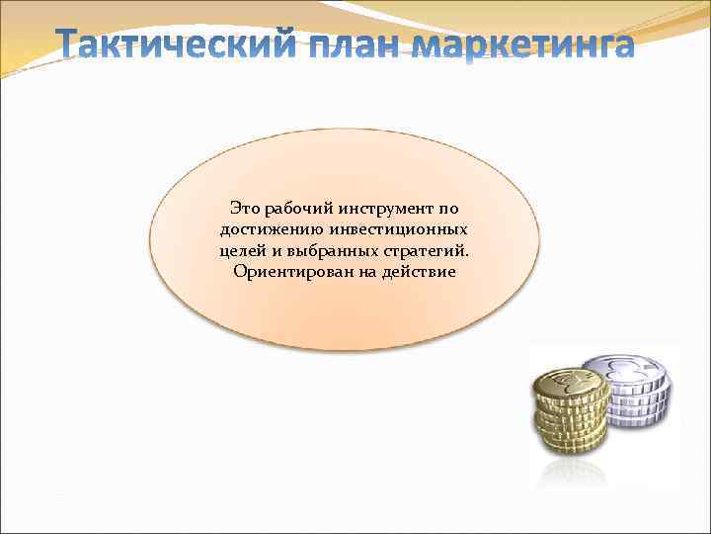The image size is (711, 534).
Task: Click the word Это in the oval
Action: point(245,209)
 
